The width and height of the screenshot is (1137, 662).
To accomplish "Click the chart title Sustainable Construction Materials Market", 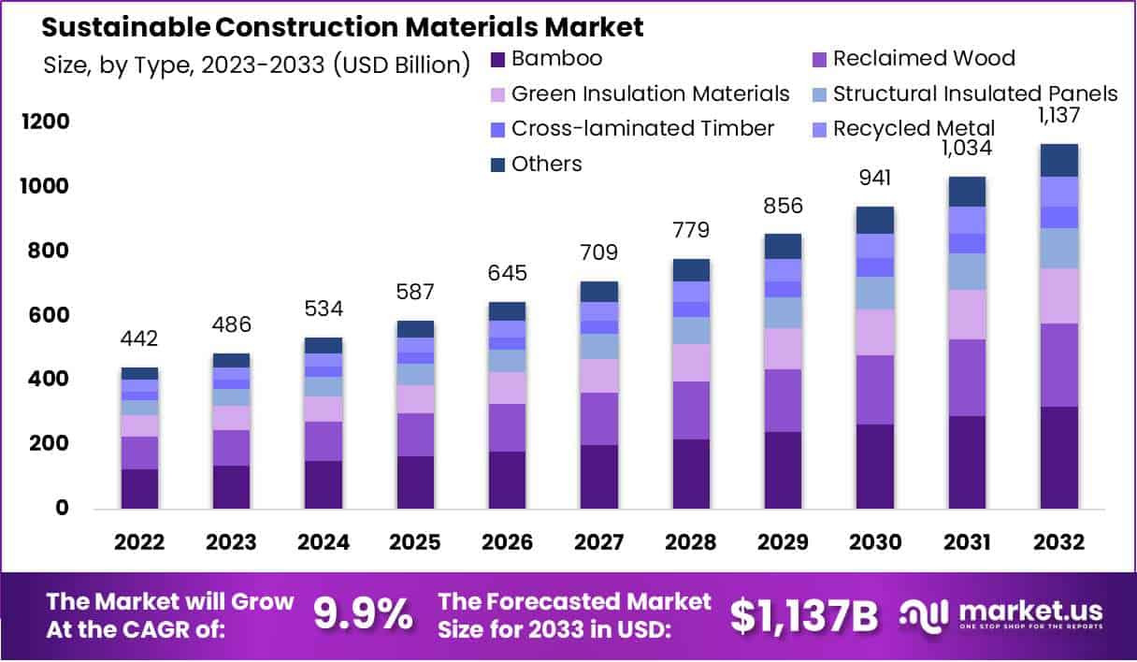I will (343, 27).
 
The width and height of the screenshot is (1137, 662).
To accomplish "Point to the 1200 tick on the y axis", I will (46, 122).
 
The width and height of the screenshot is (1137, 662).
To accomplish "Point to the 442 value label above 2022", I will (139, 338).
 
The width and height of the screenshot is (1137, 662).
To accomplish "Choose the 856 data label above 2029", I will (783, 206).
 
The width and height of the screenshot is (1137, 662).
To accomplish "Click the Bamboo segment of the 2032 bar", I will (1058, 457).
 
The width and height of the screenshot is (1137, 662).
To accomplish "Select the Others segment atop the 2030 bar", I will (874, 220).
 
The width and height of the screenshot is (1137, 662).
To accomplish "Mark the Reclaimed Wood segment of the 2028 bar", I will (691, 410).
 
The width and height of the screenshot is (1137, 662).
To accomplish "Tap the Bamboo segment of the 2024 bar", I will (323, 484).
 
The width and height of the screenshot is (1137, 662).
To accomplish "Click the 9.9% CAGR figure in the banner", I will (362, 614).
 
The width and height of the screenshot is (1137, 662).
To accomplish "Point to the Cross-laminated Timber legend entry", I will (642, 129).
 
